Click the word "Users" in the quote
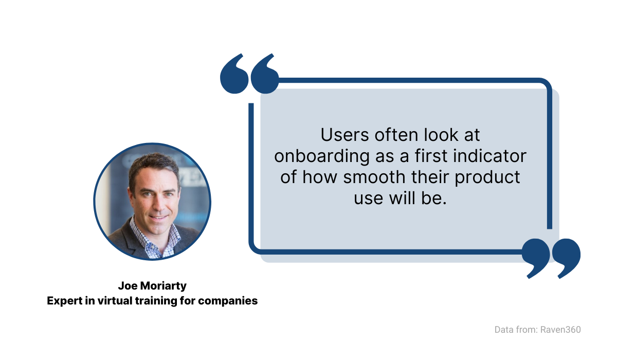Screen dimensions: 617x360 [344, 135]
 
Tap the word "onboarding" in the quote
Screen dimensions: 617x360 [322, 156]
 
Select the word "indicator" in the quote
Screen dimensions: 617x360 [489, 156]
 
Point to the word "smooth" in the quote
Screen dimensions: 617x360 [374, 177]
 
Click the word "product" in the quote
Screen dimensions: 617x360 [487, 177]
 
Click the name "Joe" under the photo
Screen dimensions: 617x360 [128, 286]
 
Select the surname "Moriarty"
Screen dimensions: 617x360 [164, 286]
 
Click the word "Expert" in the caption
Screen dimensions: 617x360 [65, 301]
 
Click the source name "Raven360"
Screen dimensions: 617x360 [560, 330]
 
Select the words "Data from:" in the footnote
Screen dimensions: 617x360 [516, 330]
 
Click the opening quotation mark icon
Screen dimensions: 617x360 [249, 74]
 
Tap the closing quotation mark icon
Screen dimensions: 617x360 [551, 259]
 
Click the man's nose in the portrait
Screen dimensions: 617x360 [158, 204]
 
